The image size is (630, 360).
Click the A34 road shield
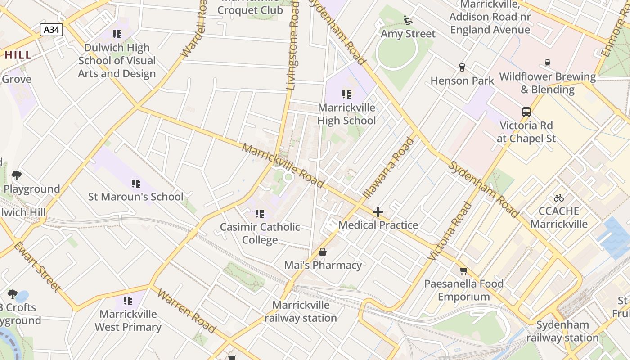click(x=51, y=30)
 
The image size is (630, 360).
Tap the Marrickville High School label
click(x=346, y=114)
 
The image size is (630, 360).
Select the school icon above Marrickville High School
click(x=346, y=94)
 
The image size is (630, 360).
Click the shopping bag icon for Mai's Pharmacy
click(x=323, y=252)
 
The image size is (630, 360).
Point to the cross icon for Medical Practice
click(x=378, y=212)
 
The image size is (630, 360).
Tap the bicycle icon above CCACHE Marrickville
click(x=559, y=198)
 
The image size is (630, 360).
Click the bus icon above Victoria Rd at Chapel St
click(x=526, y=112)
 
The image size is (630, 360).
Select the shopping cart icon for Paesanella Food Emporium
click(x=463, y=270)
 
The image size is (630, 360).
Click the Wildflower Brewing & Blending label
click(x=547, y=83)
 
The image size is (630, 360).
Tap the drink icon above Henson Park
click(x=462, y=67)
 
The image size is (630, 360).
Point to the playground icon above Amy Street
click(x=408, y=20)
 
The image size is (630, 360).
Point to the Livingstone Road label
click(x=293, y=45)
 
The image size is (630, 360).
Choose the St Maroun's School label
click(x=135, y=197)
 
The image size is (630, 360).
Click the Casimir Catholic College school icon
click(x=260, y=213)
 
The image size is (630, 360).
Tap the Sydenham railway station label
click(x=562, y=331)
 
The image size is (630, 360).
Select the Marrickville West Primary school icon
click(x=128, y=300)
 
